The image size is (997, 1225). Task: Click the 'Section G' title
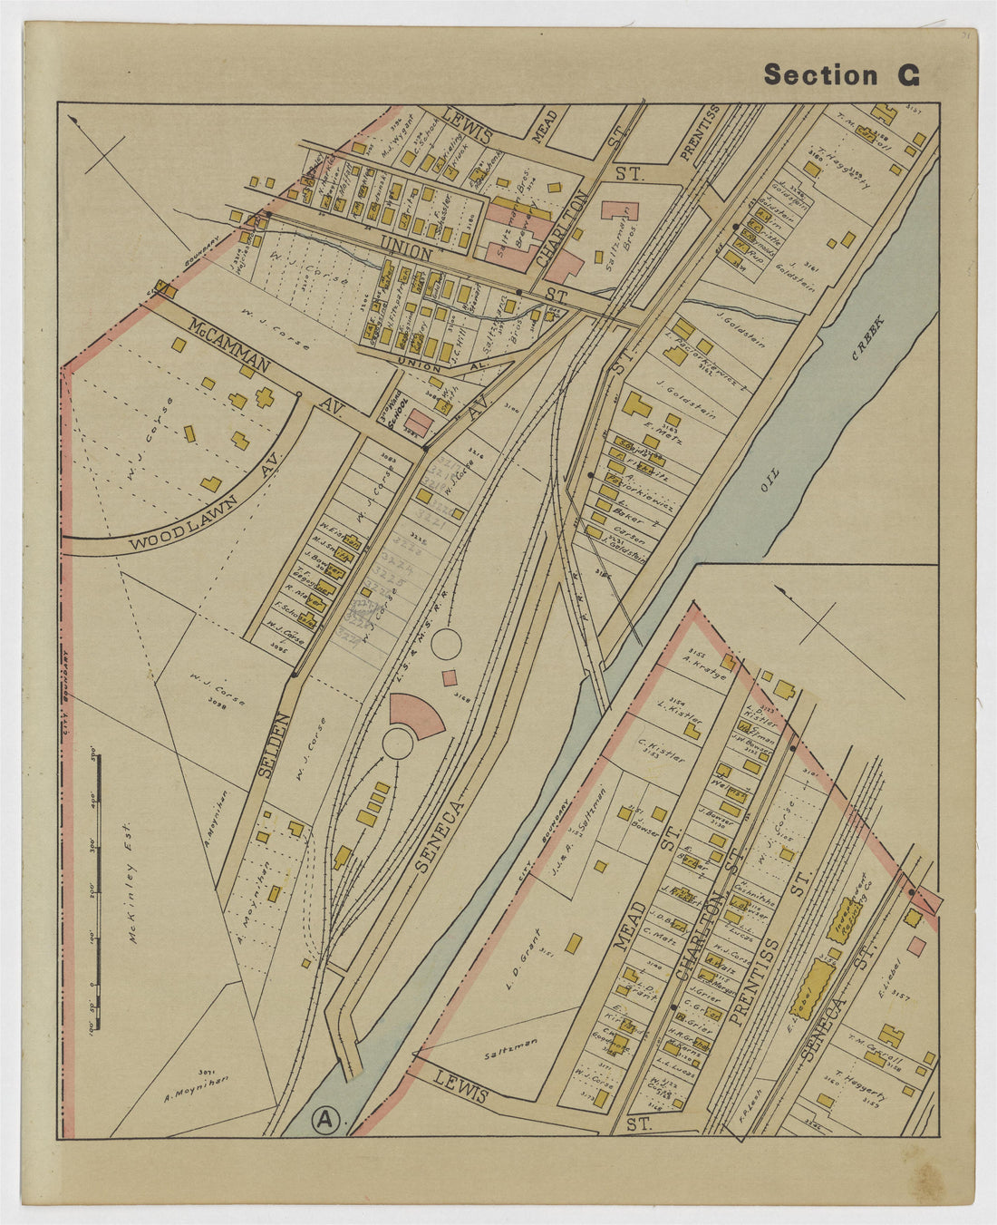(841, 75)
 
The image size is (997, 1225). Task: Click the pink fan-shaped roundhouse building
(418, 713)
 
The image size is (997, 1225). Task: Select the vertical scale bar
(98, 870)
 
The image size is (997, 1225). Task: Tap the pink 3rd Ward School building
(418, 423)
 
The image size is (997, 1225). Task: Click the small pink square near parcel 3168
(449, 676)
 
